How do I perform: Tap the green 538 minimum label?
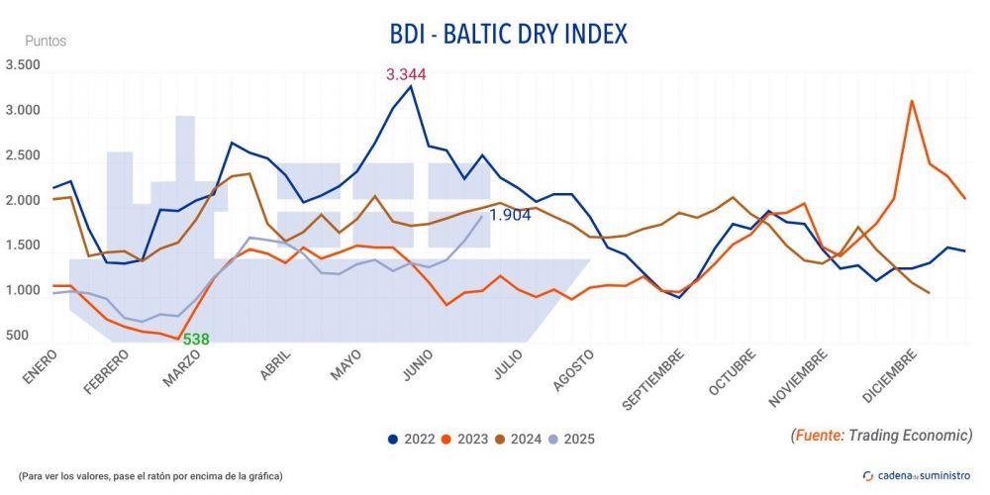pyautogui.click(x=196, y=339)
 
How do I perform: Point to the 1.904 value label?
pyautogui.click(x=511, y=215)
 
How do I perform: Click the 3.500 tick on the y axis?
pyautogui.click(x=23, y=65)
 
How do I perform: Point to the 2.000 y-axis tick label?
pyautogui.click(x=23, y=201)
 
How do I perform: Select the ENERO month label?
pyautogui.click(x=39, y=368)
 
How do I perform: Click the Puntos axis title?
pyautogui.click(x=46, y=42)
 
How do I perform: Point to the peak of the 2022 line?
pyautogui.click(x=411, y=86)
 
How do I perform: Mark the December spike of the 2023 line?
pyautogui.click(x=911, y=101)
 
